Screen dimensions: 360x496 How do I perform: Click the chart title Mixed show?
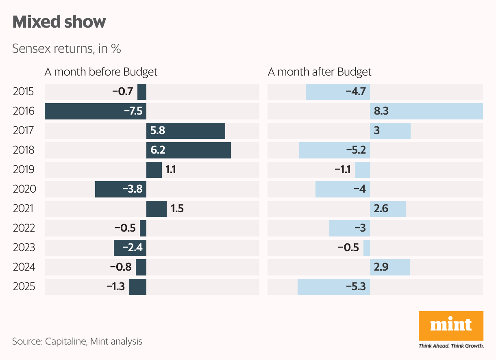(59, 22)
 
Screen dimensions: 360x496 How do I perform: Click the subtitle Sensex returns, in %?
(67, 49)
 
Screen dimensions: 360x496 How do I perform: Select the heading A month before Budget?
(101, 72)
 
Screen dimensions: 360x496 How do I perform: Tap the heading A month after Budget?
(320, 72)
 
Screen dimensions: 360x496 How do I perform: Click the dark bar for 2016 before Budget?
(95, 111)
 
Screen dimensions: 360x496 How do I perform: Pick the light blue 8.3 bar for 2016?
(426, 111)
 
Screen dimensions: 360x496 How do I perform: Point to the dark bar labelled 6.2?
(189, 150)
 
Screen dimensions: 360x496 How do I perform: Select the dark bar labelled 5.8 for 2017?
(186, 131)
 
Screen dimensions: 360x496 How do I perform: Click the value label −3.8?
(133, 189)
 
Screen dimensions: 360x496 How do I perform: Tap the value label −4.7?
(356, 92)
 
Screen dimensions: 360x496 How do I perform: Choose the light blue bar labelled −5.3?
(334, 287)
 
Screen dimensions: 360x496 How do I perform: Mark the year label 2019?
(24, 170)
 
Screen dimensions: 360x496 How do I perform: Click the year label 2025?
(24, 287)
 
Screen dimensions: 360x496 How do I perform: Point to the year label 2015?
(24, 92)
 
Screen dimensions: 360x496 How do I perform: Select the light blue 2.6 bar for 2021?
(388, 209)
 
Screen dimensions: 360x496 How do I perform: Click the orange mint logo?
(451, 326)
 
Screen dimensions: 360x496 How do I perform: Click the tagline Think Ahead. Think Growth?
(451, 346)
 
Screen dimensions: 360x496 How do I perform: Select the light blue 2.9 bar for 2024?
(390, 267)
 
